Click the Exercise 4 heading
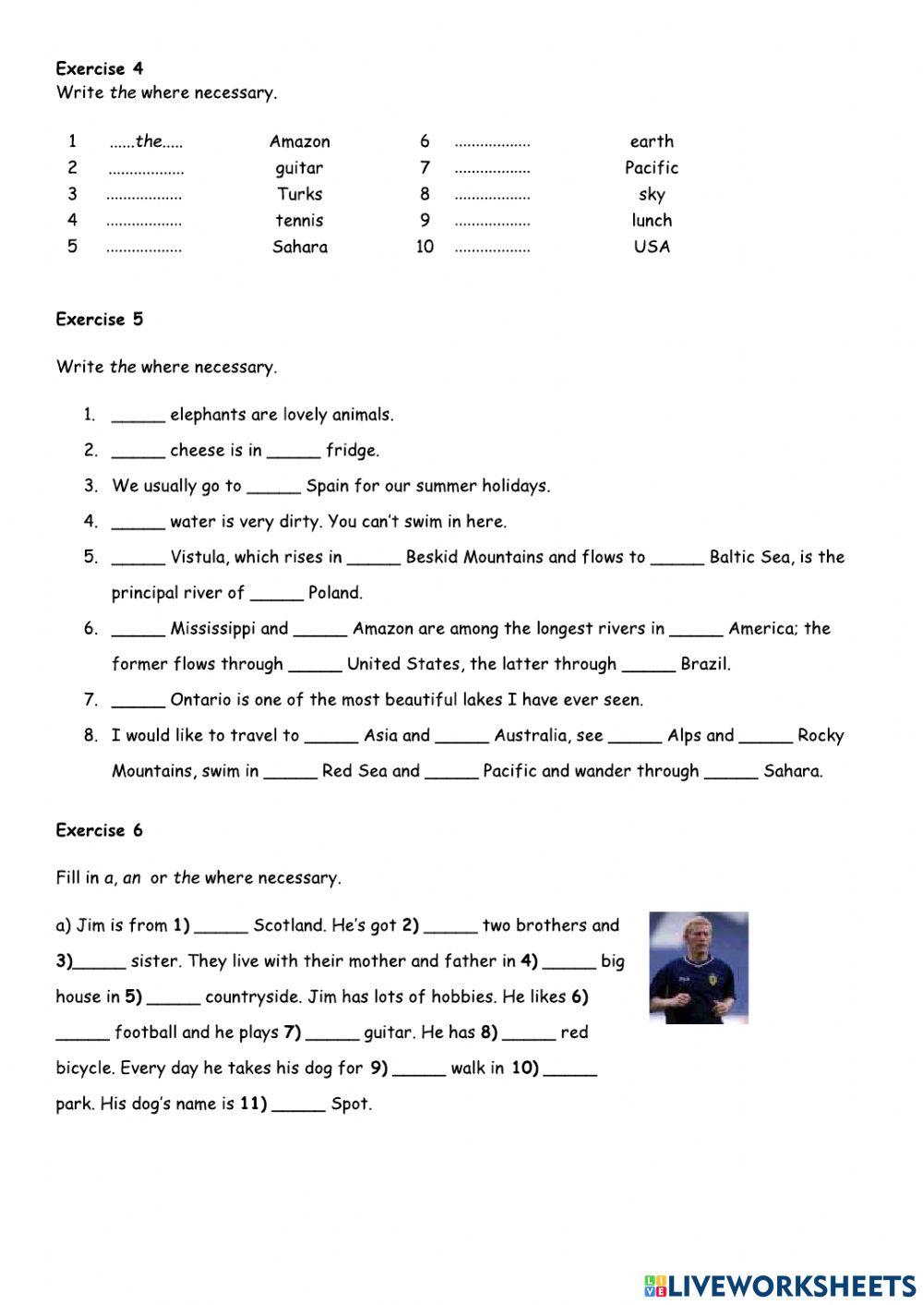100,68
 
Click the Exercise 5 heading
100,320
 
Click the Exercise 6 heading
100,830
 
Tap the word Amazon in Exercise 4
299,141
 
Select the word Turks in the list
299,194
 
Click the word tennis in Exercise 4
299,221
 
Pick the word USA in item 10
652,247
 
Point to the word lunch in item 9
652,221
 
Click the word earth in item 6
652,141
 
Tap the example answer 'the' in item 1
148,141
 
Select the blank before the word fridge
294,453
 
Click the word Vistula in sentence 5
198,557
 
